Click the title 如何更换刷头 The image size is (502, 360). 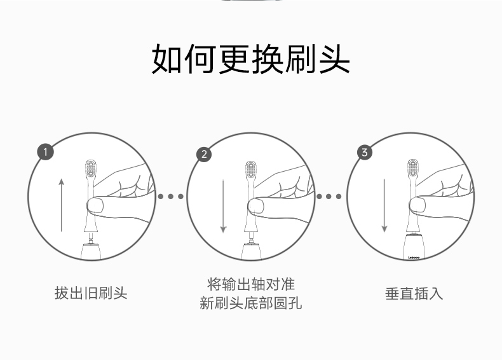[250, 59]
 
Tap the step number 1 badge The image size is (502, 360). [46, 152]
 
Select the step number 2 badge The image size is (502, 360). [204, 155]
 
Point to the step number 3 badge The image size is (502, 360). [365, 152]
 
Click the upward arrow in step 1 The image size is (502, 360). [62, 205]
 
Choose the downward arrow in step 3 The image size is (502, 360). [384, 205]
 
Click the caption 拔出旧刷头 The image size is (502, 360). [91, 293]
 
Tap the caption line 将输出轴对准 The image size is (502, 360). [250, 284]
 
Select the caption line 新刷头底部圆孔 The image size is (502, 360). [250, 303]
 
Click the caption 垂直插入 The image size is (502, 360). [414, 293]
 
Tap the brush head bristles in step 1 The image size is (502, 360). [91, 169]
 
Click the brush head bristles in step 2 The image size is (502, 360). [251, 170]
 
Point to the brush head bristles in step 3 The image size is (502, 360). [413, 168]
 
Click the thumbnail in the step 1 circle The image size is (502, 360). [95, 205]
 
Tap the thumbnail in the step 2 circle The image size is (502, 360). [256, 206]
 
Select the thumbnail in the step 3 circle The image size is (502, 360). [417, 205]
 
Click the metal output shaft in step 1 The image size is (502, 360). [91, 238]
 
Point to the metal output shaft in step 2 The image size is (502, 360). [252, 238]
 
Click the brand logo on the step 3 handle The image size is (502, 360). [414, 258]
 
